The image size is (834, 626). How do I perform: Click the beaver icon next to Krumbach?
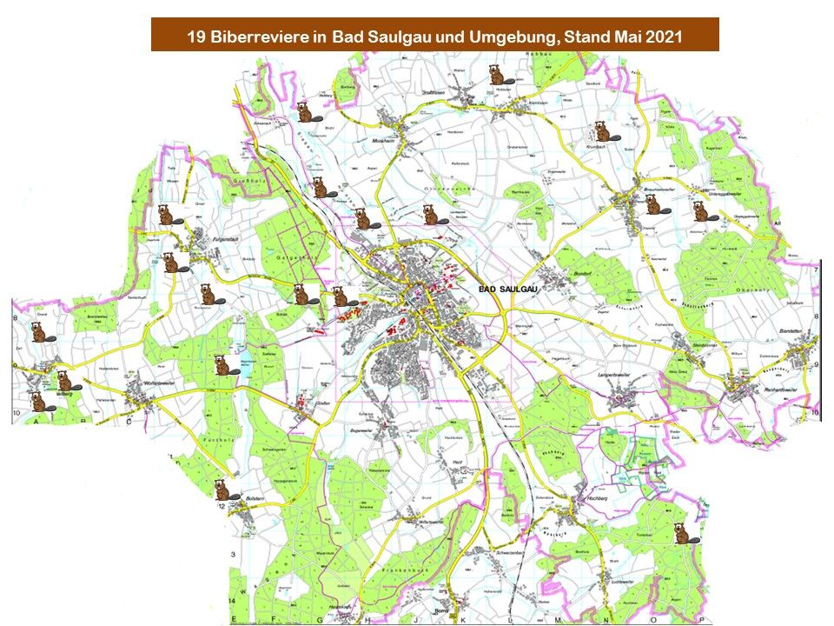pos(599,133)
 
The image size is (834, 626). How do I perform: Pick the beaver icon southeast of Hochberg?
pos(682,532)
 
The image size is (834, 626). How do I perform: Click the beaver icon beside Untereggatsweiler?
pos(699,210)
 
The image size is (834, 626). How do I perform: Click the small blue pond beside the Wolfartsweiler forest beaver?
pos(244,369)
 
